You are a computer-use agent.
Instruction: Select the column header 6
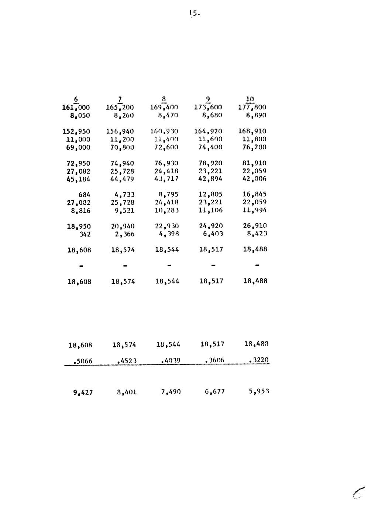click(76, 99)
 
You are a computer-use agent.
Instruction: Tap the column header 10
click(250, 99)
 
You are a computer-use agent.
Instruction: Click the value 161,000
click(76, 107)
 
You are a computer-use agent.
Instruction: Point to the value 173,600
click(208, 107)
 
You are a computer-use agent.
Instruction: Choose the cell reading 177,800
click(252, 107)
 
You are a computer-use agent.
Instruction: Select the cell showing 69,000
click(78, 147)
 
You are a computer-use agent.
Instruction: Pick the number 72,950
click(78, 163)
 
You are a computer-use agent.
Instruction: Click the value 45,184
click(78, 179)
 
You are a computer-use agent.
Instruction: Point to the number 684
click(85, 195)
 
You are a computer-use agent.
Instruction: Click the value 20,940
click(122, 226)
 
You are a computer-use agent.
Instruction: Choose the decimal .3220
click(258, 360)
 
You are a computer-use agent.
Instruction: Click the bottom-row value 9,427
click(83, 392)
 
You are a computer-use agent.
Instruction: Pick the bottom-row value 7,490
click(171, 392)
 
